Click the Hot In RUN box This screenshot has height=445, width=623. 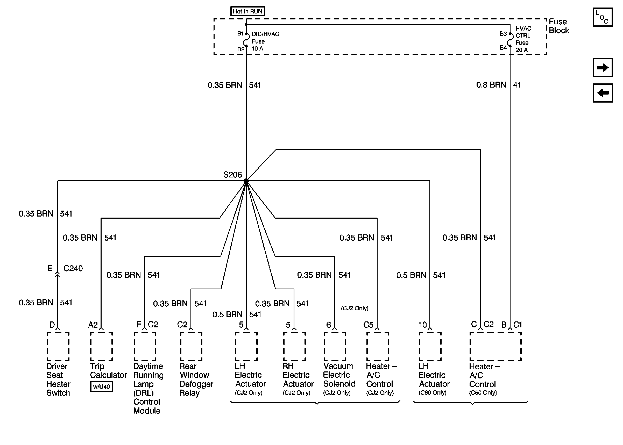(x=247, y=11)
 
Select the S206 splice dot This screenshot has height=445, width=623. (x=246, y=181)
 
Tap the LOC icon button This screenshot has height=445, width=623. (x=602, y=17)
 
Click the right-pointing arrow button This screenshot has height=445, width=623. (x=602, y=67)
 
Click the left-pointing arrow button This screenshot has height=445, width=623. (x=602, y=93)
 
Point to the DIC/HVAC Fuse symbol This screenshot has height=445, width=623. (x=246, y=40)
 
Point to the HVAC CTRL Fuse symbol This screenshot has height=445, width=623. (x=510, y=40)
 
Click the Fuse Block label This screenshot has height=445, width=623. (x=558, y=26)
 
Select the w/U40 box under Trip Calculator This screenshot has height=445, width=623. (x=101, y=386)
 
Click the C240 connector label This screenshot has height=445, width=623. (x=73, y=268)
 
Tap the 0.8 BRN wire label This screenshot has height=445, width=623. (x=491, y=85)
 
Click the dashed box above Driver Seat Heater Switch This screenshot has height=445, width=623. (x=58, y=346)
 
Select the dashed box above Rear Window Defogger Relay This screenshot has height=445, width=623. (x=191, y=346)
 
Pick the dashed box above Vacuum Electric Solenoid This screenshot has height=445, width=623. (x=334, y=346)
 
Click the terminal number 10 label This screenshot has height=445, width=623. (x=422, y=325)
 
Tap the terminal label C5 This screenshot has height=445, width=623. (x=368, y=325)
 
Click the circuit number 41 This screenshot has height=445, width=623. (x=517, y=85)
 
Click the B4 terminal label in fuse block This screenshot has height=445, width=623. (x=503, y=47)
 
